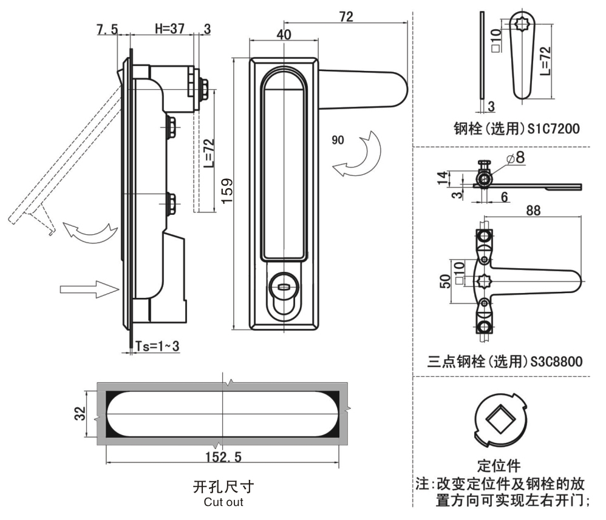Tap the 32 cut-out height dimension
click(x=81, y=414)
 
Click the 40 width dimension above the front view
click(x=283, y=35)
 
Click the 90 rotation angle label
click(x=338, y=140)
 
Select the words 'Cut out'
click(x=223, y=502)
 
